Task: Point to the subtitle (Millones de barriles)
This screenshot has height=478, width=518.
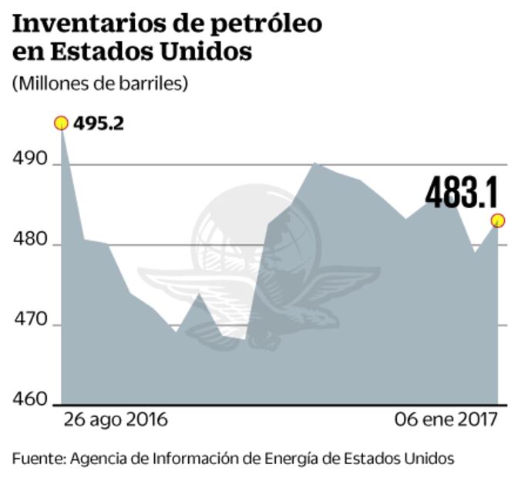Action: tap(99, 83)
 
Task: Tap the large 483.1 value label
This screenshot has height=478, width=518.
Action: tap(462, 193)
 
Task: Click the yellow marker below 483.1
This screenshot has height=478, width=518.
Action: tap(498, 221)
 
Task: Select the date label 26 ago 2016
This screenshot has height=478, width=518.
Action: tap(116, 421)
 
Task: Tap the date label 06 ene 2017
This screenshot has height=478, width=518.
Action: tap(446, 421)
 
